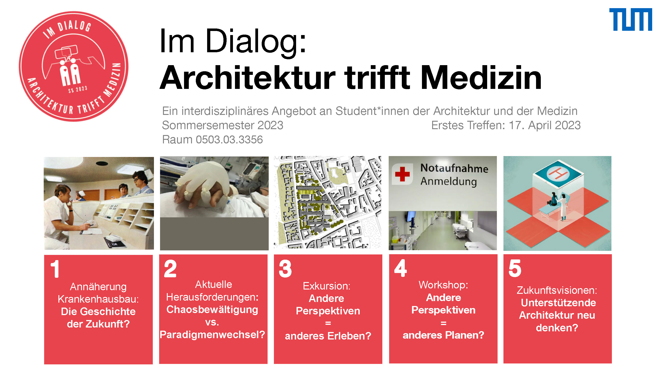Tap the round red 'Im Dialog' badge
pos(74,66)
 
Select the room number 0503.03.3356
pos(229,140)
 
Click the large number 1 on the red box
pos(55,269)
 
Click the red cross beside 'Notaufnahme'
pos(402,174)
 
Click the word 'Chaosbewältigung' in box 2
pos(212,310)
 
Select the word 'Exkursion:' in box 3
pos(326,286)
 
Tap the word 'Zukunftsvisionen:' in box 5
pos(557,290)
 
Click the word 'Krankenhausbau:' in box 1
pos(98,299)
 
